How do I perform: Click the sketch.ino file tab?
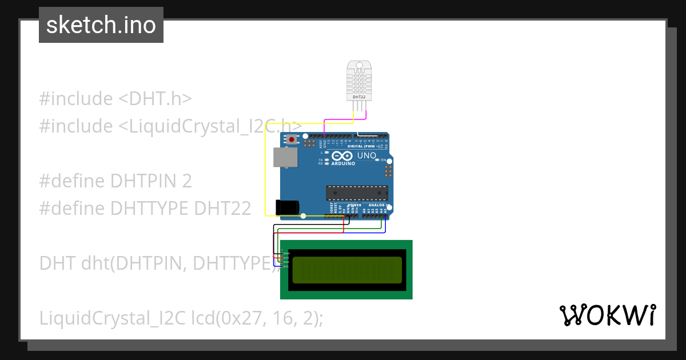[101, 25]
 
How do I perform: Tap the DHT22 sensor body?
[359, 81]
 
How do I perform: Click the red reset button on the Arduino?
[292, 139]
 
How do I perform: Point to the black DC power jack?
[288, 207]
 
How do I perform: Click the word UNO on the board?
[366, 155]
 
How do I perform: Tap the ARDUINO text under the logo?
[343, 163]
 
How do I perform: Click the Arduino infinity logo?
[343, 156]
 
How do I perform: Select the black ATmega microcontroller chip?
[357, 193]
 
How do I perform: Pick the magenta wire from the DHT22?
[343, 121]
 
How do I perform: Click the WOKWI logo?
[607, 315]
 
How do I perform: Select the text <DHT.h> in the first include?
[155, 99]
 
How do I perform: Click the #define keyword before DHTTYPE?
[72, 209]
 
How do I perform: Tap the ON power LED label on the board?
[384, 160]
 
